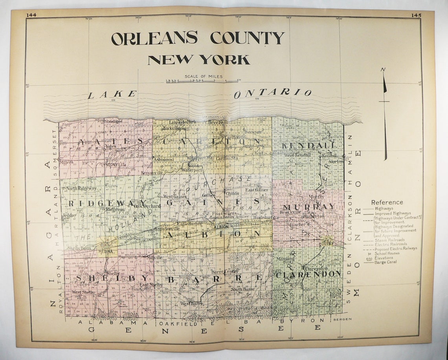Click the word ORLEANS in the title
pos(154,38)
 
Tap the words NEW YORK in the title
pos(198,60)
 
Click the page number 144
pos(31,15)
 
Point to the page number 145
pos(416,15)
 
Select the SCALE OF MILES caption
pos(203,76)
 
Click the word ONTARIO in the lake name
pos(273,93)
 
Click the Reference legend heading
pos(387,202)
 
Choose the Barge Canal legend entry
pos(386,262)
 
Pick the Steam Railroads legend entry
pos(389,239)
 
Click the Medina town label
pos(105,251)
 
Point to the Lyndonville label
pos(113,164)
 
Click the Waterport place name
pos(192,170)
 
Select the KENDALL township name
pos(308,145)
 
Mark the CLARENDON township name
pos(308,274)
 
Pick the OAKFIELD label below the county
pos(172,323)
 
